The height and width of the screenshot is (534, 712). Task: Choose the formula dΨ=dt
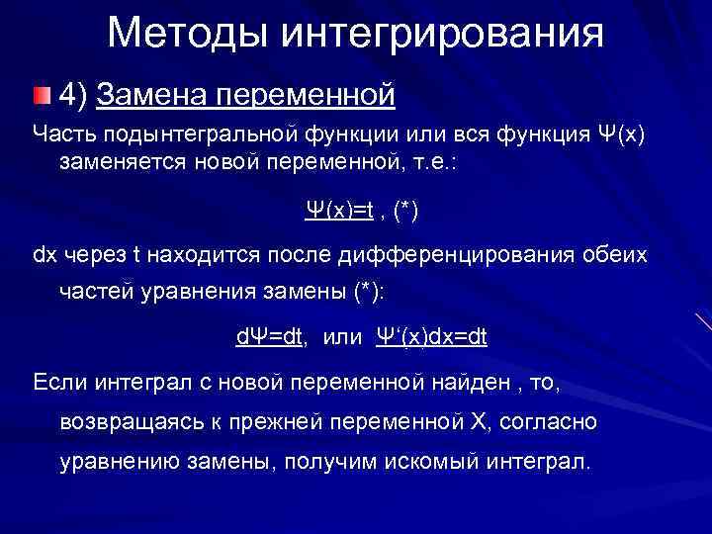pyautogui.click(x=269, y=337)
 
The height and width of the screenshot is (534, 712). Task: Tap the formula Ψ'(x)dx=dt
pyautogui.click(x=431, y=337)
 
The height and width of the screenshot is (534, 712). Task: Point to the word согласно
pyautogui.click(x=548, y=422)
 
